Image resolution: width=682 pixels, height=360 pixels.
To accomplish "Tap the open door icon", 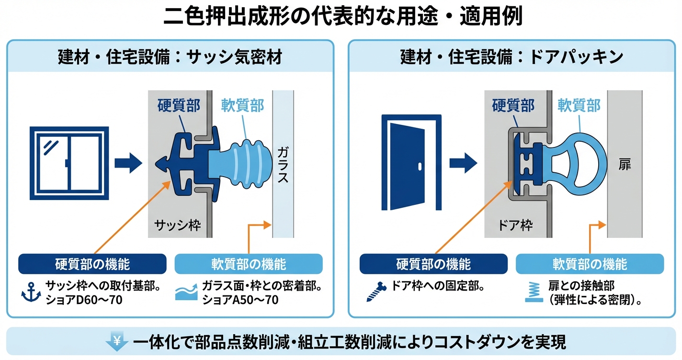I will coord(410,162).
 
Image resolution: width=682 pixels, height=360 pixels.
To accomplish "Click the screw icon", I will coord(376,292).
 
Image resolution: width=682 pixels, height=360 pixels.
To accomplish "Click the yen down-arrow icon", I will coord(116,342).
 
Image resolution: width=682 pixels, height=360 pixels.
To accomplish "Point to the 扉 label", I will coord(625,165).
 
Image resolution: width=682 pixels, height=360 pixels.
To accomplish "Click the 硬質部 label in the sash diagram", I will coord(179,105).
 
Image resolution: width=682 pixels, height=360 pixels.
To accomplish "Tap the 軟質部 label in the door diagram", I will coord(579,105).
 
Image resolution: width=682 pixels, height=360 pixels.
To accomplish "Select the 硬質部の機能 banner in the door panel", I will coord(433,264).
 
